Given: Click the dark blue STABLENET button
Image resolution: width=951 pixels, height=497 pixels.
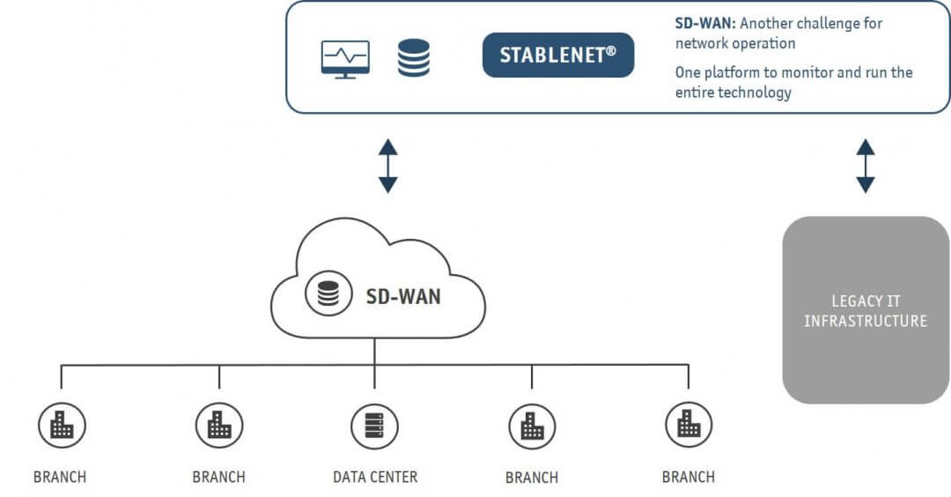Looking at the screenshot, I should click(558, 55).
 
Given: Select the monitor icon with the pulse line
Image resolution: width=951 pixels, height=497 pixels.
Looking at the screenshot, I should click(345, 59).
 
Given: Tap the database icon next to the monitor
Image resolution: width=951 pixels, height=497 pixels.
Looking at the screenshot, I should click(413, 57).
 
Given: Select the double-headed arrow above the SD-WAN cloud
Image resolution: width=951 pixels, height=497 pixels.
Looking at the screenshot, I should click(387, 165).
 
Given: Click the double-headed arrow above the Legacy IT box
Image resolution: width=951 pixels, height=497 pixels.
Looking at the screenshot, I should click(866, 165).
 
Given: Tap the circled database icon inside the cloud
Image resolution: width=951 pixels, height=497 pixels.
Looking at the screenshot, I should click(328, 296).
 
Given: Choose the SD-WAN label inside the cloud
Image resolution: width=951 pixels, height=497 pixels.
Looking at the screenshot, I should click(403, 297).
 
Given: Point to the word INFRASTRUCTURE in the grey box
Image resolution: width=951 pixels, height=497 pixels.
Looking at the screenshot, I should click(866, 321).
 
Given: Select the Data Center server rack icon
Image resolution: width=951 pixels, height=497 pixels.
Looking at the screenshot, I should click(374, 427).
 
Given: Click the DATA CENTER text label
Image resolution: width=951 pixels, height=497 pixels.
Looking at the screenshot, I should click(375, 477).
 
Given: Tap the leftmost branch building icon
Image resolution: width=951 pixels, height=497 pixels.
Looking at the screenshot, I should click(61, 427).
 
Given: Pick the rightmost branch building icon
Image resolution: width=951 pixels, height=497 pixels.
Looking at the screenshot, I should click(688, 427).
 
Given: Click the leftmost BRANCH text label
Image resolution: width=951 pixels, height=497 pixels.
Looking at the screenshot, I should click(60, 477).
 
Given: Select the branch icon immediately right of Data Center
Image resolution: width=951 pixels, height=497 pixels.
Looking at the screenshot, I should click(532, 427).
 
